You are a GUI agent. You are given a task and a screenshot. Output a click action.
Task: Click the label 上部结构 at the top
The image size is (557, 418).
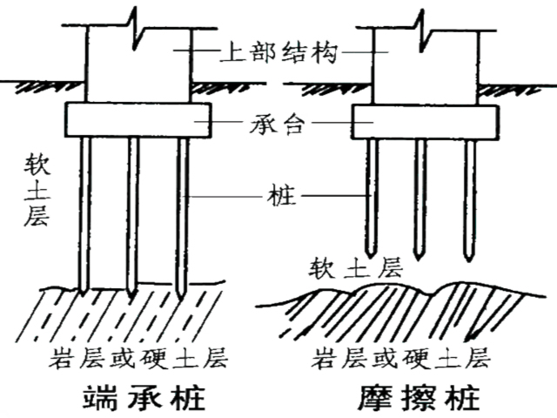click(x=278, y=52)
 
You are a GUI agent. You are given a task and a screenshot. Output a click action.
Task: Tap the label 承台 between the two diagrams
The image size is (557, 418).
click(x=278, y=124)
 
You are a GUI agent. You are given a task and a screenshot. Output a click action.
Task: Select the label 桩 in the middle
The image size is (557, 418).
click(x=278, y=197)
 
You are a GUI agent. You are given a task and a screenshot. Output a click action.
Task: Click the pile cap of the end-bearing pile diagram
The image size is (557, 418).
click(x=138, y=119)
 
